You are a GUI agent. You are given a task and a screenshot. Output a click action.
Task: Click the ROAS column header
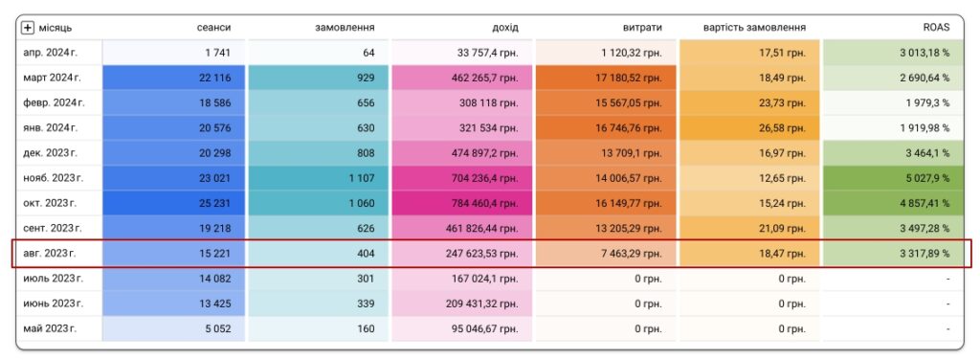click(936, 28)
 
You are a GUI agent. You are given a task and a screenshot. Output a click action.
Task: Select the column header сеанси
click(213, 28)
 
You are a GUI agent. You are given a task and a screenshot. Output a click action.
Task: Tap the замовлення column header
click(345, 28)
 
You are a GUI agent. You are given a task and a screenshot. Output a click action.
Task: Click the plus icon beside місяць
click(28, 28)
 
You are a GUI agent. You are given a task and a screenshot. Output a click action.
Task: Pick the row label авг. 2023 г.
click(52, 254)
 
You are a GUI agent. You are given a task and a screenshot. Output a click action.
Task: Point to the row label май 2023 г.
click(50, 328)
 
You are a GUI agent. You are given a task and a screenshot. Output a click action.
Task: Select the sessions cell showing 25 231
click(173, 203)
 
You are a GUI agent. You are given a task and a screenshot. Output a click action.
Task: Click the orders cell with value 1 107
click(319, 178)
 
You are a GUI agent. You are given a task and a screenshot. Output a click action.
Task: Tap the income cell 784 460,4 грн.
click(462, 203)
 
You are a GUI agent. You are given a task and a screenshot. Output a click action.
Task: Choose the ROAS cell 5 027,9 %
click(893, 178)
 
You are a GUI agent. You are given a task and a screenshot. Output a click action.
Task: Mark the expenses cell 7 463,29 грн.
click(606, 254)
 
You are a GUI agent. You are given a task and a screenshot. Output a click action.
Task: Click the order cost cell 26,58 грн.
click(749, 128)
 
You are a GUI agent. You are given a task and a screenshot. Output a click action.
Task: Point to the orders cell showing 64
click(319, 53)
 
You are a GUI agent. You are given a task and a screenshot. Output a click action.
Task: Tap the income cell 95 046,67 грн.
click(462, 328)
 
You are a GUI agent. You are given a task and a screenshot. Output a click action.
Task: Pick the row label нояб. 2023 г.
click(53, 178)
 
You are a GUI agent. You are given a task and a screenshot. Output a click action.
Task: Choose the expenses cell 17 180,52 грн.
click(606, 79)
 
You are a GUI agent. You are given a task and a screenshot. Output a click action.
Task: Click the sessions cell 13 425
click(173, 304)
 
